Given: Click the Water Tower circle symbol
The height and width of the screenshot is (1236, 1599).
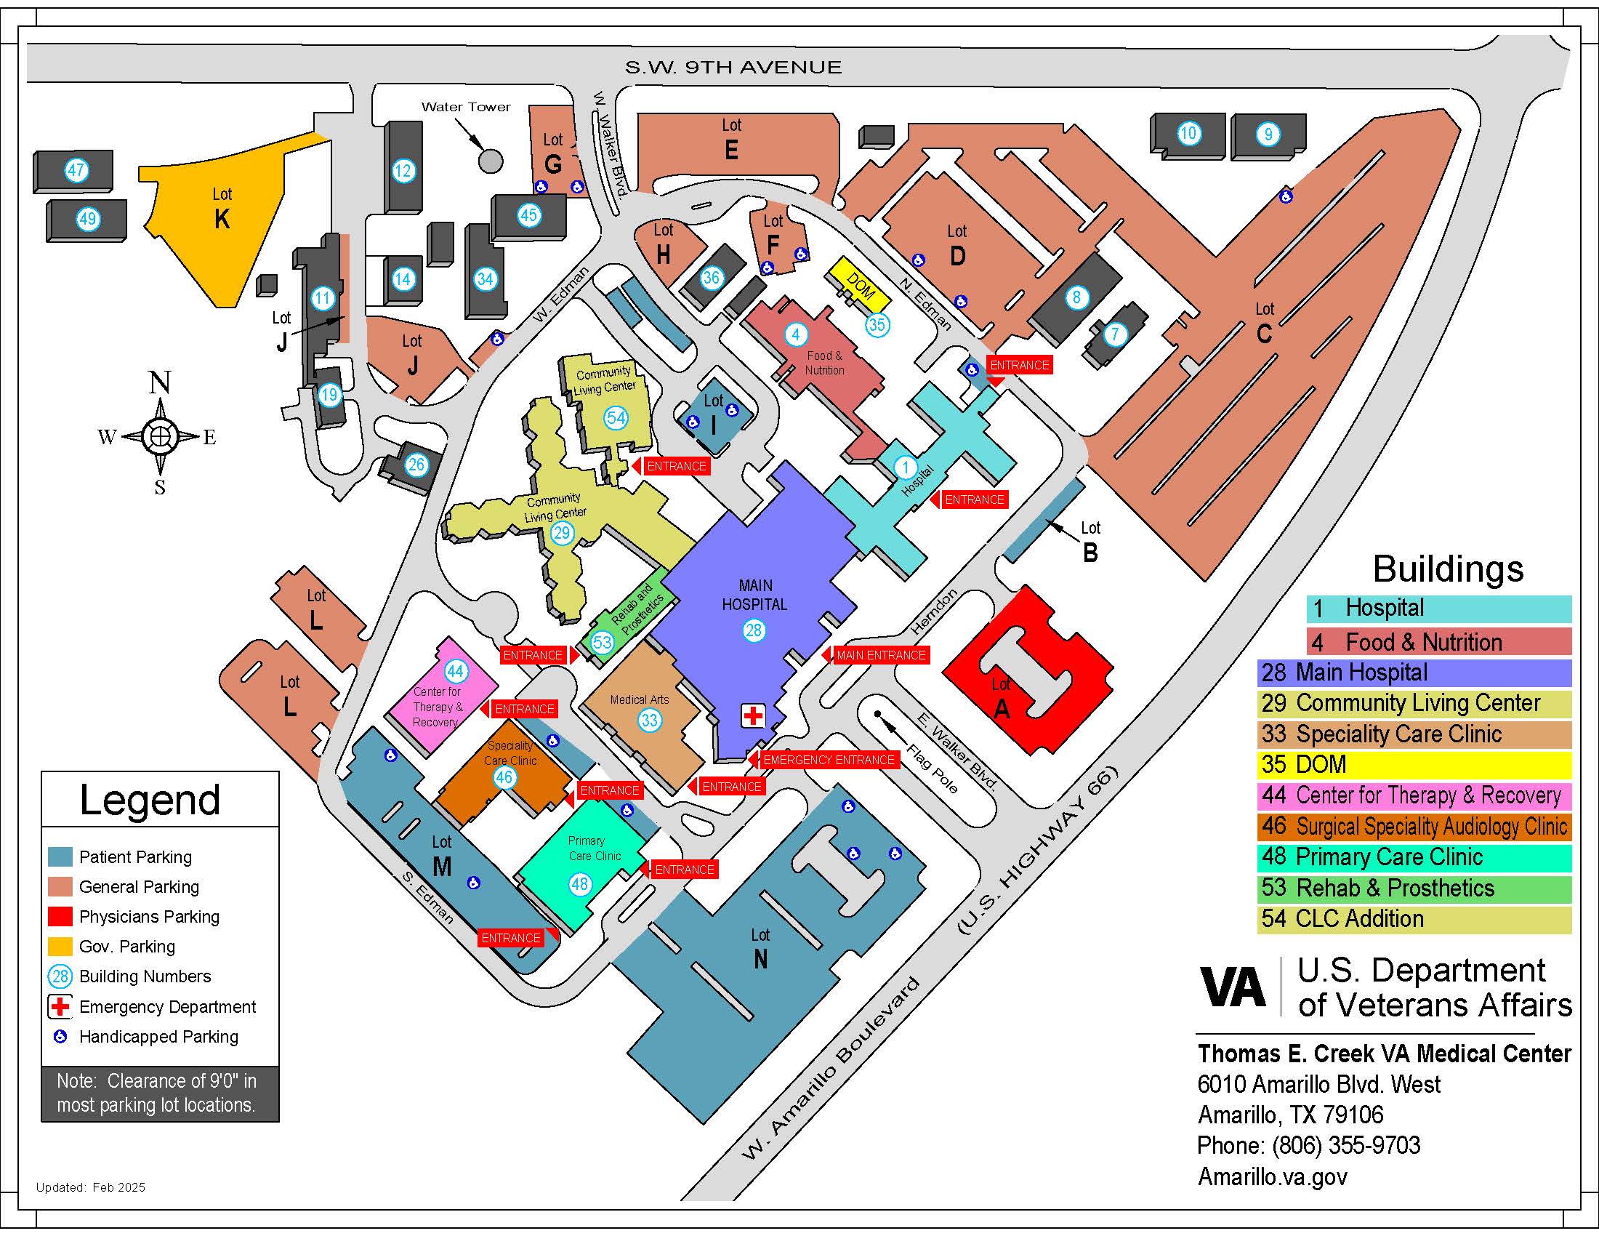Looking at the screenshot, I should [490, 161].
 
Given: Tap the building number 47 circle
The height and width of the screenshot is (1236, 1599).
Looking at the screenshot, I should [76, 171].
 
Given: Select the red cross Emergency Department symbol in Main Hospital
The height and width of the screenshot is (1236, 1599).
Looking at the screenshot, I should [753, 715].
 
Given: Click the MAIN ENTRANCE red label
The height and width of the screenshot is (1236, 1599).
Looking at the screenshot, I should [881, 654].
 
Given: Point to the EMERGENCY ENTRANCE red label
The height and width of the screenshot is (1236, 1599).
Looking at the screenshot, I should [828, 760].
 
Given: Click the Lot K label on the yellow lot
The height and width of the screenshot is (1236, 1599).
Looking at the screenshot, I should [222, 209].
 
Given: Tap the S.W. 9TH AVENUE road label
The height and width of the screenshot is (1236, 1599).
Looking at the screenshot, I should [733, 68].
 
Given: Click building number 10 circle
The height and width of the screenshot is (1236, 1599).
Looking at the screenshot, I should [1188, 133].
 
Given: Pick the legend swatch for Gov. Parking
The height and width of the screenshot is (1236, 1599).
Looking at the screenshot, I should [60, 946].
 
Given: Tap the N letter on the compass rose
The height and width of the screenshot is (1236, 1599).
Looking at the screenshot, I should [160, 383].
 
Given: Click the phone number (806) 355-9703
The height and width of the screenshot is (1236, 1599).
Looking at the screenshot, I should [1308, 1145].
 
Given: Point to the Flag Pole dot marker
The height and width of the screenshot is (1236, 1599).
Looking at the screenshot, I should [877, 713].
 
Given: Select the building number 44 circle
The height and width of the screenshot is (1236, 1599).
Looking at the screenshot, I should [456, 671].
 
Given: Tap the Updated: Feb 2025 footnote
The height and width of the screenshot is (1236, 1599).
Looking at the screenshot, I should [91, 1187].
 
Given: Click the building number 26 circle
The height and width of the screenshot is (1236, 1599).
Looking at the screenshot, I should [416, 465].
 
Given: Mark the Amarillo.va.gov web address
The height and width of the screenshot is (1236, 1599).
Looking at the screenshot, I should [1272, 1176].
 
